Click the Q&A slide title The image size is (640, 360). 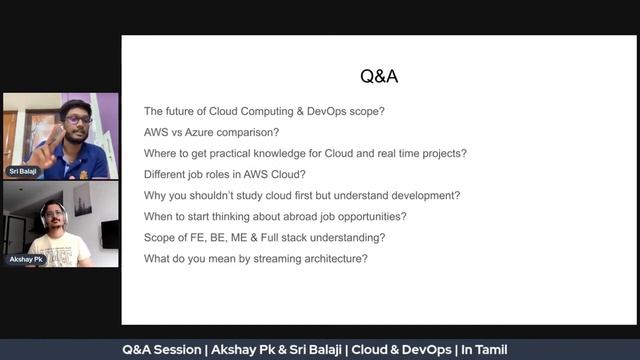379,77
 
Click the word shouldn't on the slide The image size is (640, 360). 210,195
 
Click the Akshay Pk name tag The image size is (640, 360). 26,259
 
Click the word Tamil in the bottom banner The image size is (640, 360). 492,350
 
